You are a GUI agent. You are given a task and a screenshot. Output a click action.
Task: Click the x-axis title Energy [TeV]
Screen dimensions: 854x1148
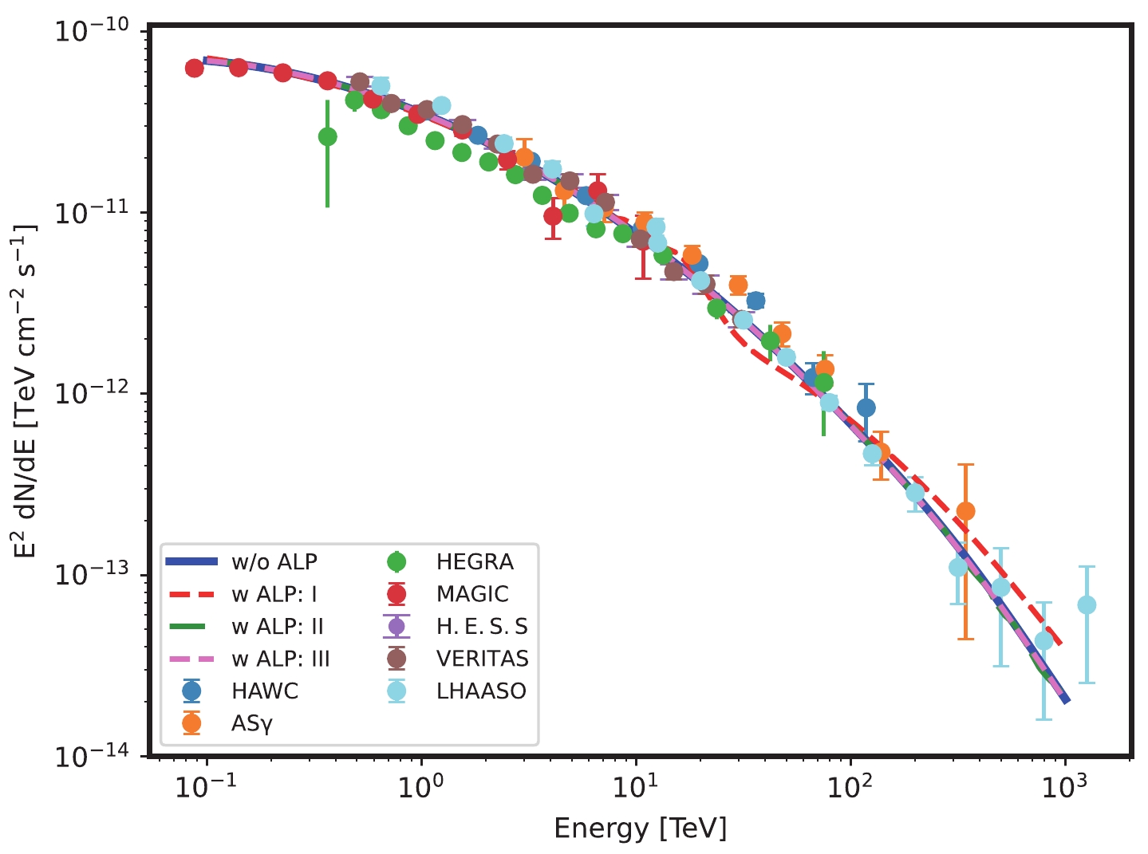641,828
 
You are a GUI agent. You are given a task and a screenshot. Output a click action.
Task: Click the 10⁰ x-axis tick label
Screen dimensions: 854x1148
421,788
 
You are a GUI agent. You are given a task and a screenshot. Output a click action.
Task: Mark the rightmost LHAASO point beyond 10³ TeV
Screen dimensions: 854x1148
1086,605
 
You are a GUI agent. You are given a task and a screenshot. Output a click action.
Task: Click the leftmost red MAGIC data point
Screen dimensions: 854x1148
194,68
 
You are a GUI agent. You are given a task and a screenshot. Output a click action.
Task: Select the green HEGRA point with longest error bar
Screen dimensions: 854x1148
327,137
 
